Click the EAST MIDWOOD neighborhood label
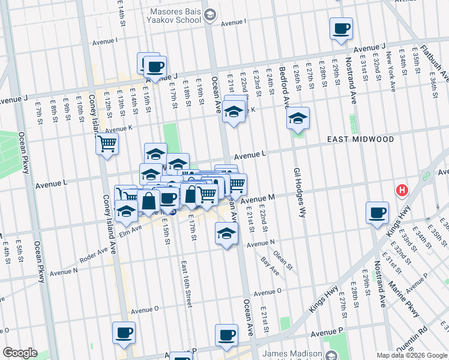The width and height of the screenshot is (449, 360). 360,139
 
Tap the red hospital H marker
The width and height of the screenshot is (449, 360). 402,191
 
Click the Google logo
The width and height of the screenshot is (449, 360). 20,353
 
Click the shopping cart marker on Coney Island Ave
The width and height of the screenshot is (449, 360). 107,144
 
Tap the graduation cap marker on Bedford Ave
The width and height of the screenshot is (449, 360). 297,118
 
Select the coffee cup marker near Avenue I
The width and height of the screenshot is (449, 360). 341,28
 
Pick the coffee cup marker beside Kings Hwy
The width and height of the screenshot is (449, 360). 378,213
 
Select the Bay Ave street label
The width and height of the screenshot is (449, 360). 270,266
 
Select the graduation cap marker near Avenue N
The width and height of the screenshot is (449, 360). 226,234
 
